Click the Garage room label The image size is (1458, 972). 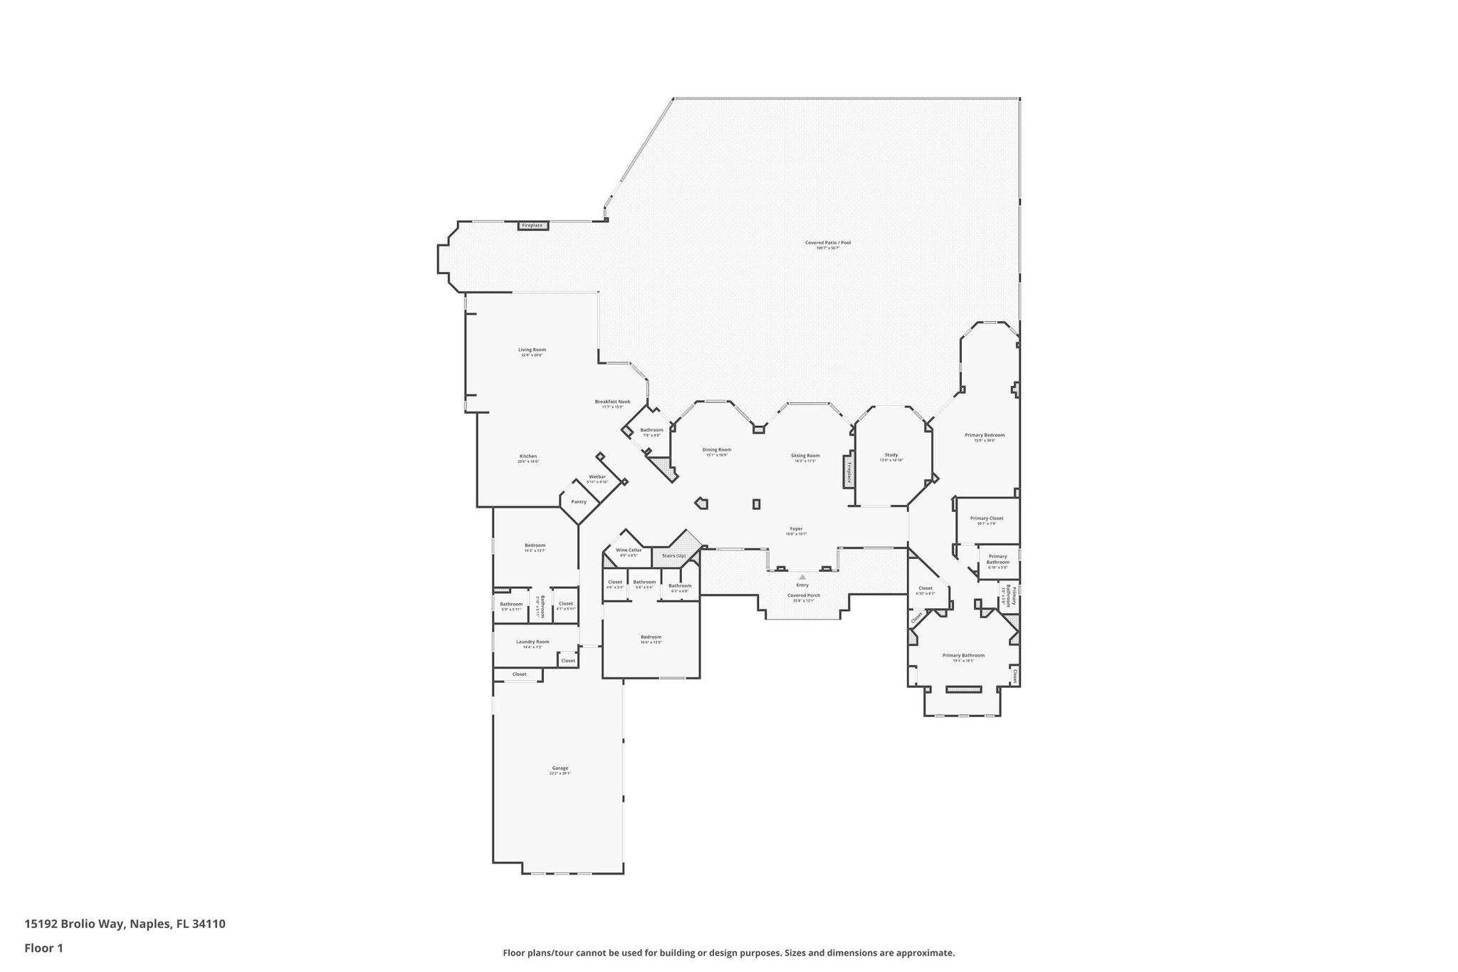(560, 768)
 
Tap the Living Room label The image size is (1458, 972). (532, 350)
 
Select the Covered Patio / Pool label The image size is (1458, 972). (827, 243)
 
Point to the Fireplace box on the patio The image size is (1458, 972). (532, 226)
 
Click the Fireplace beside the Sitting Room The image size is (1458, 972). (849, 471)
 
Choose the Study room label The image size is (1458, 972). (891, 455)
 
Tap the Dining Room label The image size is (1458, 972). (716, 450)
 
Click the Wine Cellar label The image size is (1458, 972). (629, 550)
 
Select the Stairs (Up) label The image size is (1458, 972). (673, 555)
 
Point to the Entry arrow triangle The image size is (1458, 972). (802, 577)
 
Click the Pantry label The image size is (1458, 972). (579, 502)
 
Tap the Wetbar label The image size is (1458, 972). (597, 476)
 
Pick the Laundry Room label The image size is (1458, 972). (533, 642)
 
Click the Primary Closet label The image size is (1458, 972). (986, 518)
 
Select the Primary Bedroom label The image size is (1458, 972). (985, 435)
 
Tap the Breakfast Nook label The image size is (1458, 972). (612, 402)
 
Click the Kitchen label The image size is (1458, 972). (528, 456)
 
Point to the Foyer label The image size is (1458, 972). (796, 529)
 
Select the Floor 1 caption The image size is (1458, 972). (43, 949)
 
